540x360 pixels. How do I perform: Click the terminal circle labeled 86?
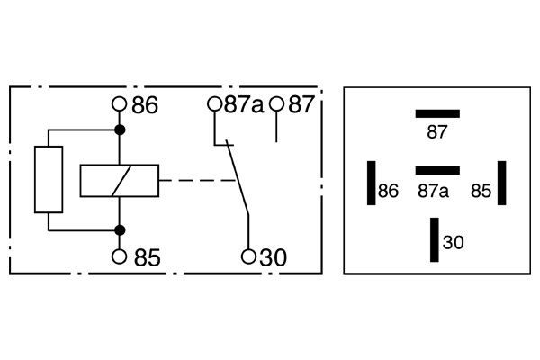(120, 104)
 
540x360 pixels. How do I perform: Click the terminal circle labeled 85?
(120, 257)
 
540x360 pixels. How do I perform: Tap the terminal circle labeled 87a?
(214, 104)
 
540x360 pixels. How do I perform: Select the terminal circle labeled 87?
(276, 104)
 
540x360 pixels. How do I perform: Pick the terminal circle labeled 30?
(248, 257)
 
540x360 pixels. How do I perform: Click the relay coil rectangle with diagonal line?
(119, 181)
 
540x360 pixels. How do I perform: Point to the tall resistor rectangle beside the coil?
(49, 179)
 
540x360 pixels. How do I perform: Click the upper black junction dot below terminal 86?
(120, 132)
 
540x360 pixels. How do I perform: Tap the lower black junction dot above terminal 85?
(120, 229)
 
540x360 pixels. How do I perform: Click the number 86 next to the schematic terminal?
(145, 105)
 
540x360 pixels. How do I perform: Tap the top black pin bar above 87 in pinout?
(437, 113)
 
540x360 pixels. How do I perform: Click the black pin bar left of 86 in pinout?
(370, 184)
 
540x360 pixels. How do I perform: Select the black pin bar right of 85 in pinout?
(502, 184)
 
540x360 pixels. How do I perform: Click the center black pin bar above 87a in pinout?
(437, 170)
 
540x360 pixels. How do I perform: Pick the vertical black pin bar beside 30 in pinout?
(435, 239)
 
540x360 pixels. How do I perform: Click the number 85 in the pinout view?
(481, 191)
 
